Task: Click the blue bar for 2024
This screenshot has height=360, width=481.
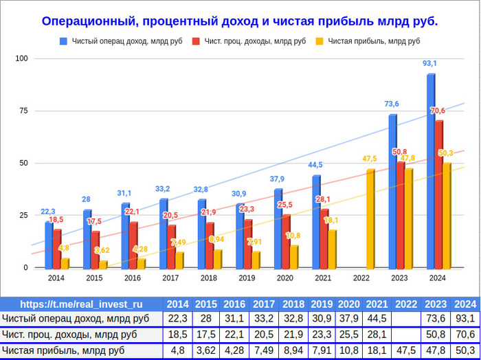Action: click(431, 172)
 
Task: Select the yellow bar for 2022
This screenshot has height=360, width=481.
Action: click(370, 218)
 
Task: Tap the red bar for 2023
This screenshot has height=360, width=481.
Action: click(401, 215)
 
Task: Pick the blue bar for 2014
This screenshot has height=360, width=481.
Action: click(49, 245)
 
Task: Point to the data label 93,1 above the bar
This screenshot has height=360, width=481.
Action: click(429, 63)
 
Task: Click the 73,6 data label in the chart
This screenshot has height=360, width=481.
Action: click(391, 104)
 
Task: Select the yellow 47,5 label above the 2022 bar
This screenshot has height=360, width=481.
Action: click(370, 159)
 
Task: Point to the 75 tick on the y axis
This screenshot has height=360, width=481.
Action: click(23, 111)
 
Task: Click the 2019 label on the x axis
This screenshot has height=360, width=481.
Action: click(247, 278)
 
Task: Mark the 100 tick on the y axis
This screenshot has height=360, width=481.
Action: click(21, 58)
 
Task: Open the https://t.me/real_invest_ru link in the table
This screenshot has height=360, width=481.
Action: click(81, 304)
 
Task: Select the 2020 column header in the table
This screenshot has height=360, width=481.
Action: click(348, 304)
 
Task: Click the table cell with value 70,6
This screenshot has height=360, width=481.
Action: click(465, 335)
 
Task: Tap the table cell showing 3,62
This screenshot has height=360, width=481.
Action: click(205, 351)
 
